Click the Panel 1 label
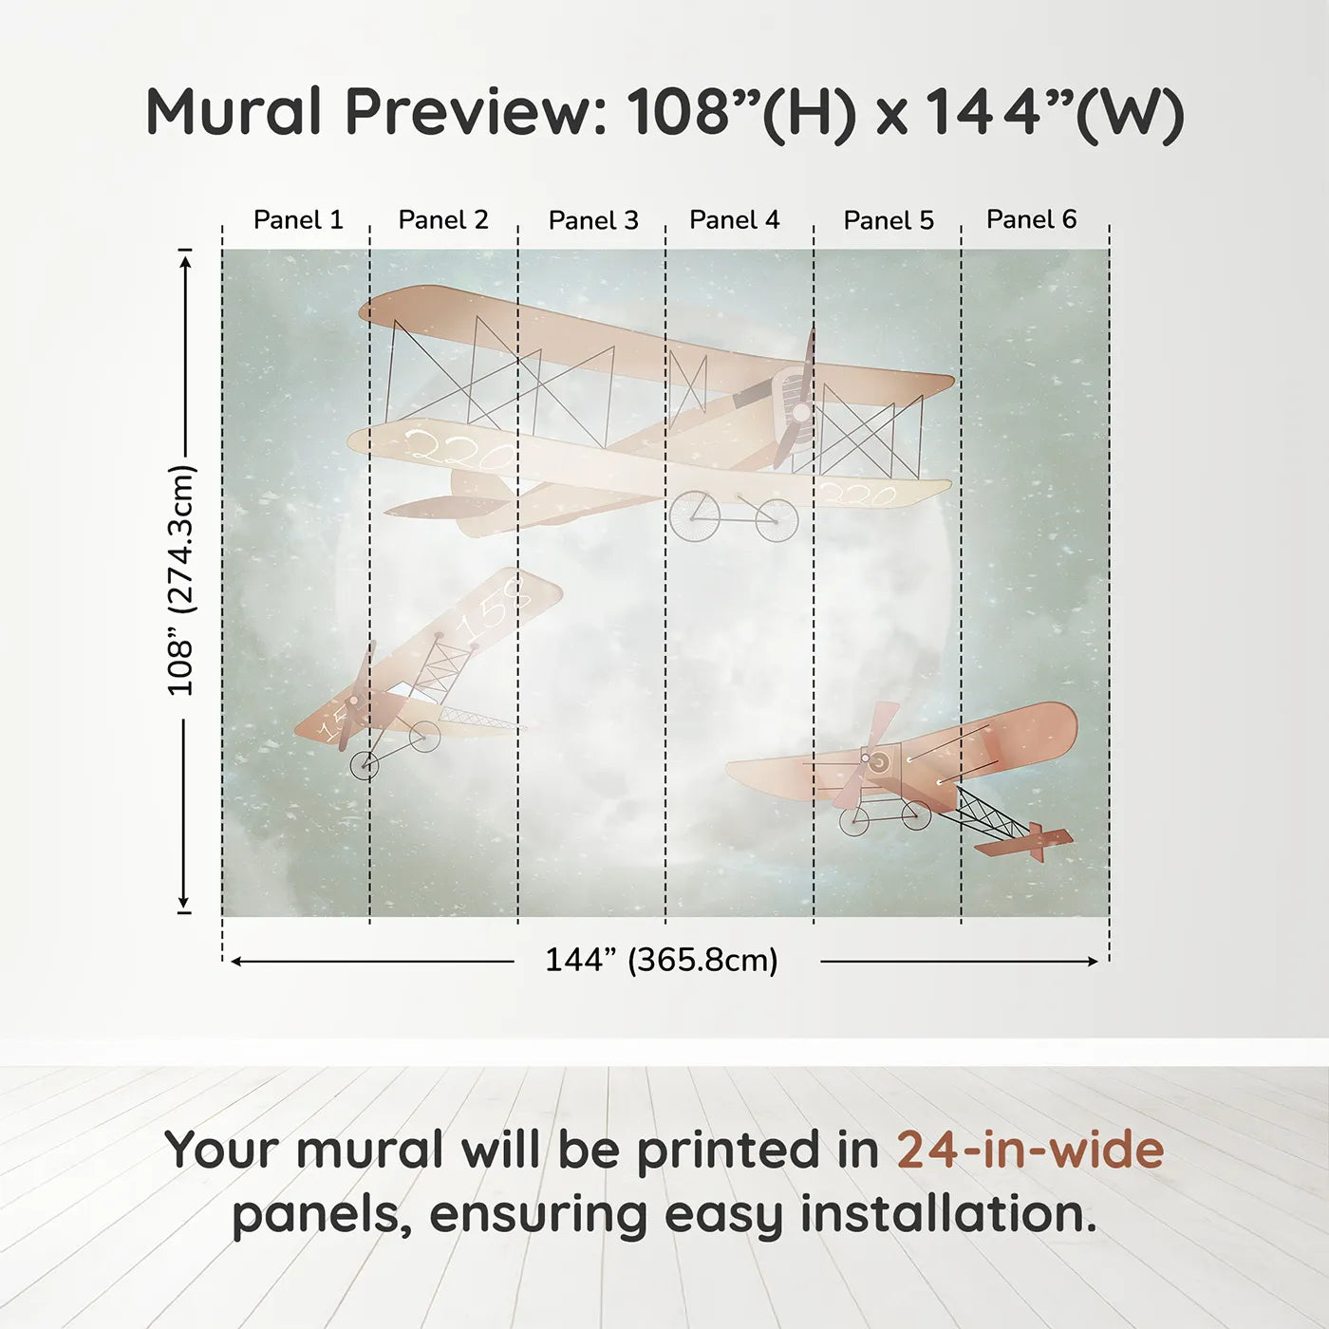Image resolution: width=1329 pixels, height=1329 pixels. pyautogui.click(x=297, y=220)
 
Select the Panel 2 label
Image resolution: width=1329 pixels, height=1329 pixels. pyautogui.click(x=442, y=220)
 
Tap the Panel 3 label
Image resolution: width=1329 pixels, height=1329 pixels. pyautogui.click(x=593, y=220)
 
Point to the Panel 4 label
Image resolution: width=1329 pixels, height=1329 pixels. pyautogui.click(x=734, y=220)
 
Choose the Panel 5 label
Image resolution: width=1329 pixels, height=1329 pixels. pyautogui.click(x=889, y=220)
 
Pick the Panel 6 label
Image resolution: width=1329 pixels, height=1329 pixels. pyautogui.click(x=1031, y=219)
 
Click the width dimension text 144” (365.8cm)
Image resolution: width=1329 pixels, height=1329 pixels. pyautogui.click(x=661, y=960)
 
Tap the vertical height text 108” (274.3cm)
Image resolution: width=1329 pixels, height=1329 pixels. pyautogui.click(x=180, y=580)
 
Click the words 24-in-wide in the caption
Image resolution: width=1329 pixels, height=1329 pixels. pyautogui.click(x=1030, y=1151)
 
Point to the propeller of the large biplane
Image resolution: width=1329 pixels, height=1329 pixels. pyautogui.click(x=800, y=410)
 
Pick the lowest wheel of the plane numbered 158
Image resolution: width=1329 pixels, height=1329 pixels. pyautogui.click(x=365, y=764)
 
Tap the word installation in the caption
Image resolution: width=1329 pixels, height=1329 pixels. pyautogui.click(x=947, y=1215)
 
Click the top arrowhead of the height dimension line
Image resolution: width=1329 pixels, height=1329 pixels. pyautogui.click(x=185, y=256)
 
